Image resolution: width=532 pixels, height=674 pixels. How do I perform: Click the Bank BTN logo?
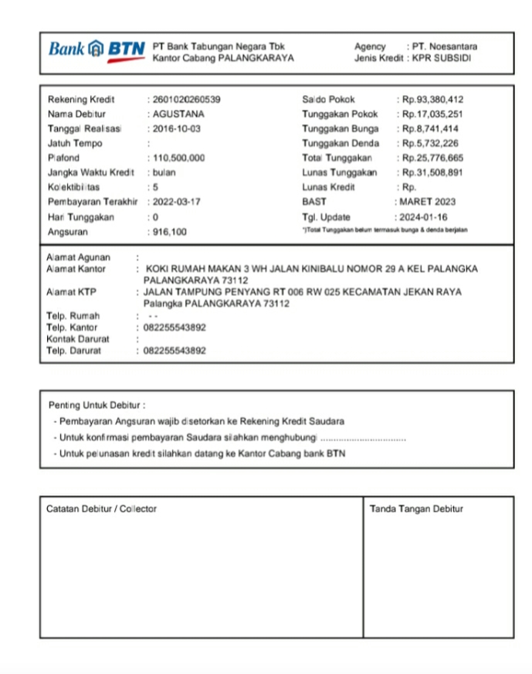tap(97, 50)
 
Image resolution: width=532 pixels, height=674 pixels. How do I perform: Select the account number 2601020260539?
tap(187, 100)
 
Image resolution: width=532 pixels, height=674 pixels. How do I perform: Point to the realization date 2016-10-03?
tap(177, 129)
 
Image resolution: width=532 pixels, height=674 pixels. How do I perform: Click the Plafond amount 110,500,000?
tap(179, 158)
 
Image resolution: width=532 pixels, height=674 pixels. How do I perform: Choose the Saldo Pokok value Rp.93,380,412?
tap(431, 100)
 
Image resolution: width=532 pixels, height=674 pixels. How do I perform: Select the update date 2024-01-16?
tap(423, 217)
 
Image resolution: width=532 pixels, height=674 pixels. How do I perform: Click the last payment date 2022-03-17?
tap(177, 202)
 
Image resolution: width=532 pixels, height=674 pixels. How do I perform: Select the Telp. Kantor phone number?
tap(175, 328)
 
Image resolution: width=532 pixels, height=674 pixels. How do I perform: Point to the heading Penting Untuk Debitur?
tap(97, 405)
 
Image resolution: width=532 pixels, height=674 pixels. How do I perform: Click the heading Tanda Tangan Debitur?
tap(416, 509)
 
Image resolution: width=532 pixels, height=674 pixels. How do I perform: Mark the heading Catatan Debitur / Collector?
tap(101, 509)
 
